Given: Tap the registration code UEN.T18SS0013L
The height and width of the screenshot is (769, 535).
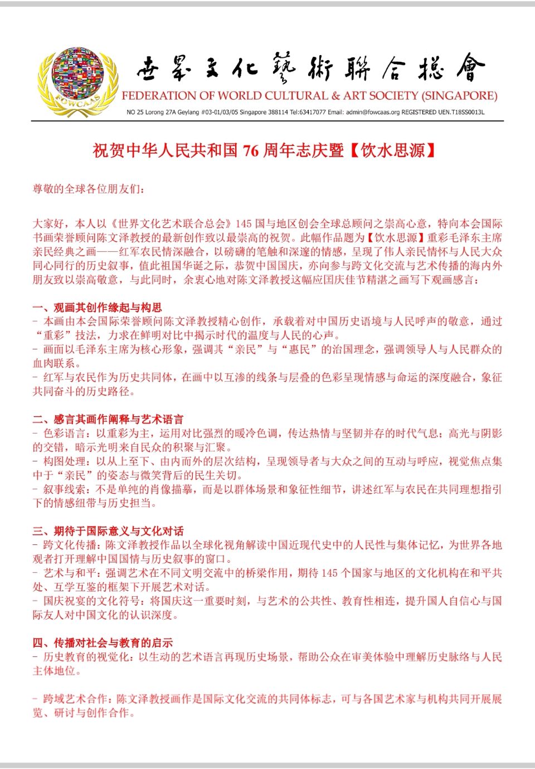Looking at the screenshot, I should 461,112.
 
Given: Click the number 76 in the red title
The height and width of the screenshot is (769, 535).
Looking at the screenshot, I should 251,150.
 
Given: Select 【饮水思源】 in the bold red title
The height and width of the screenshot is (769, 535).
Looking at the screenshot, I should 392,150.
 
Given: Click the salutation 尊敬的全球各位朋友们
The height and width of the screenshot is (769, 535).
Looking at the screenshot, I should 88,189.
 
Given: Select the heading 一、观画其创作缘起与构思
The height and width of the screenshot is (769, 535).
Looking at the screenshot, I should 97,308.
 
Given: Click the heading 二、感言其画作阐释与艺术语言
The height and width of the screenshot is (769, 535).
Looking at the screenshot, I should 108,419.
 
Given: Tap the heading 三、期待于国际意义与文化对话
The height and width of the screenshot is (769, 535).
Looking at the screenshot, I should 108,531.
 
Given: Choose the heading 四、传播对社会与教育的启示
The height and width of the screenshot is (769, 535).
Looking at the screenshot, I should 103,643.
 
